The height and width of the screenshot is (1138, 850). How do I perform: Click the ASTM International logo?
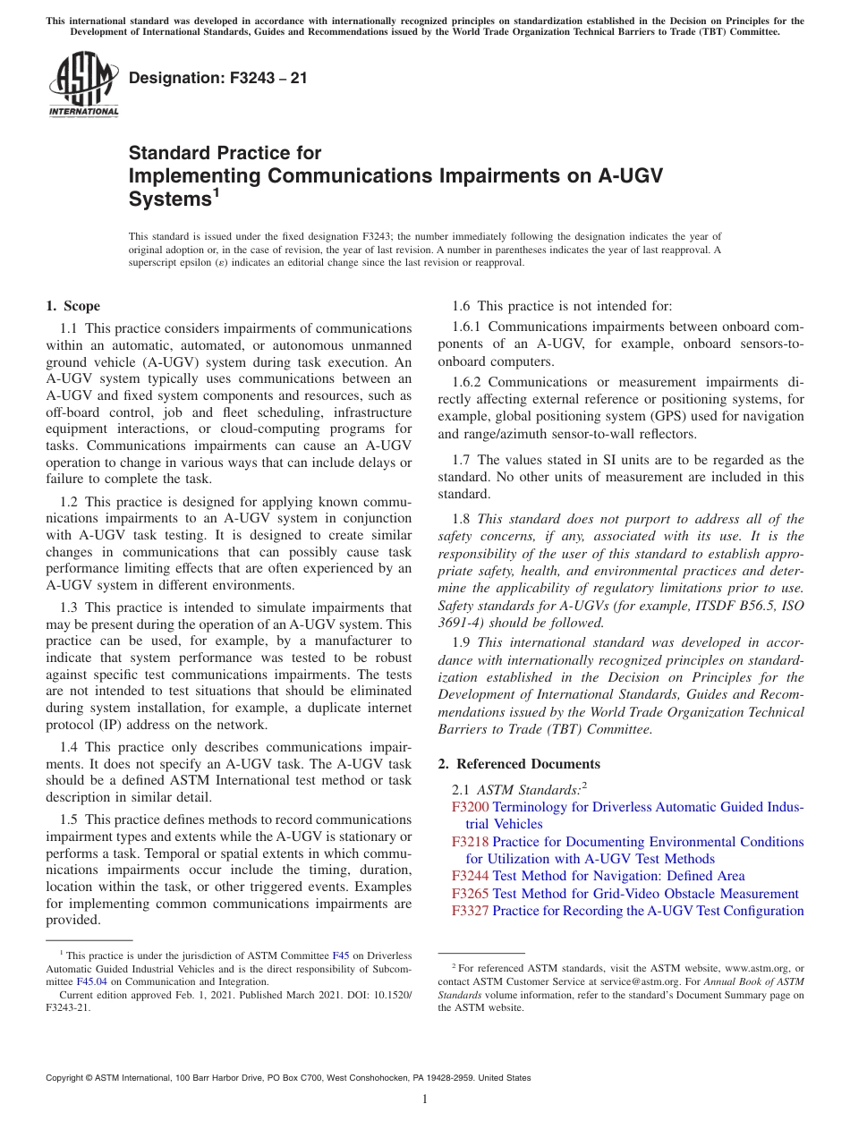tap(82, 86)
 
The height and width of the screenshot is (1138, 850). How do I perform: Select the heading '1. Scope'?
tap(72, 306)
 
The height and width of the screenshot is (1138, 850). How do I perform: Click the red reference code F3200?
tap(470, 807)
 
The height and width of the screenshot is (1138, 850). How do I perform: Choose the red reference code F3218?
tap(470, 842)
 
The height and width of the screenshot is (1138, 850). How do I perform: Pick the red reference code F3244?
tap(470, 876)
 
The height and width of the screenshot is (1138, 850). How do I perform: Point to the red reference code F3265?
tap(470, 894)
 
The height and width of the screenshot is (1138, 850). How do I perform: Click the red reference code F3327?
tap(470, 911)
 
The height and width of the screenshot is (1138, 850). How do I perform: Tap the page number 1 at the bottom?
tap(425, 1099)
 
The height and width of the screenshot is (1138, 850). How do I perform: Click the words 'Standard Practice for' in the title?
tap(225, 153)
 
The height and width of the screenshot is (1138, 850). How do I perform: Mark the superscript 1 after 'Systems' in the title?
tap(216, 193)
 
